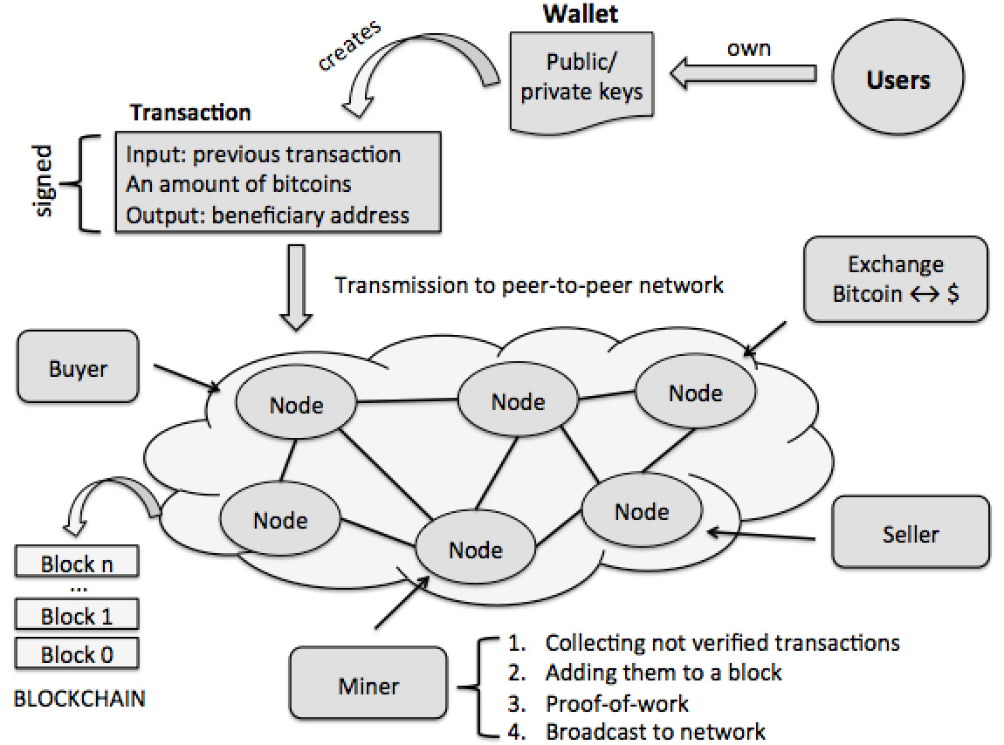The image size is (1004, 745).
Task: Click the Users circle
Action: pyautogui.click(x=898, y=80)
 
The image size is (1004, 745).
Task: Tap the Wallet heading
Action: pyautogui.click(x=581, y=15)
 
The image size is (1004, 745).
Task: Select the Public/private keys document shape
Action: pyautogui.click(x=581, y=77)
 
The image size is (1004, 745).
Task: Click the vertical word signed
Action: pyautogui.click(x=42, y=183)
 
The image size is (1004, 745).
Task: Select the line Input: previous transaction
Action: pyautogui.click(x=264, y=155)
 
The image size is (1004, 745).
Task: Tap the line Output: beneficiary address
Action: pyautogui.click(x=268, y=215)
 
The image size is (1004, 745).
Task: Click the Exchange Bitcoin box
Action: pyautogui.click(x=896, y=279)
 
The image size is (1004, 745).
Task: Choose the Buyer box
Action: pyautogui.click(x=78, y=367)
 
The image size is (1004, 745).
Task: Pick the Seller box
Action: pyautogui.click(x=910, y=533)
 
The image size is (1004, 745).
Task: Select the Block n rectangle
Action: pyautogui.click(x=77, y=564)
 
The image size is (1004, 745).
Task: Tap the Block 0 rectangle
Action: pyautogui.click(x=77, y=654)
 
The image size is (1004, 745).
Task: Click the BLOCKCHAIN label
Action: pyautogui.click(x=79, y=699)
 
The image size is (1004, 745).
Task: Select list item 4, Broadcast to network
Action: pyautogui.click(x=655, y=731)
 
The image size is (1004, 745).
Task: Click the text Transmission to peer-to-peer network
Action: pyautogui.click(x=529, y=285)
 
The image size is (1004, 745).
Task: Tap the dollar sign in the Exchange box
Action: pyautogui.click(x=952, y=293)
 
